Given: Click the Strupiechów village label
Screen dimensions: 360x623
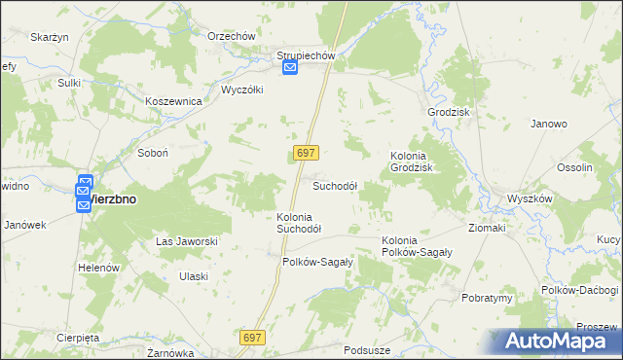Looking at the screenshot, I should click(306, 55).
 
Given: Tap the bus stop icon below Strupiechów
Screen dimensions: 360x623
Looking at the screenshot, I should click(290, 68).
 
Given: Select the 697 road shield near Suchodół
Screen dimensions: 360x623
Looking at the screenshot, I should click(306, 154).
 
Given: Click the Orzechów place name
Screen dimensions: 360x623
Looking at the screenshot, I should click(232, 36).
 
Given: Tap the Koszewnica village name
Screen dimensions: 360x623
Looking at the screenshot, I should click(172, 101).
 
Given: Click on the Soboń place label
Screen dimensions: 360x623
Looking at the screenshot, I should click(154, 153).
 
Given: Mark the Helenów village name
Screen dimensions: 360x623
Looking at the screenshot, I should click(98, 268).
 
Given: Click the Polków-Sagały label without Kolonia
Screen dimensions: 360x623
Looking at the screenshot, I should click(317, 262).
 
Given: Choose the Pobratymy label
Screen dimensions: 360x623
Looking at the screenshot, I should click(488, 298).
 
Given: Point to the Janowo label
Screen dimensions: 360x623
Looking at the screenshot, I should click(549, 125).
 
